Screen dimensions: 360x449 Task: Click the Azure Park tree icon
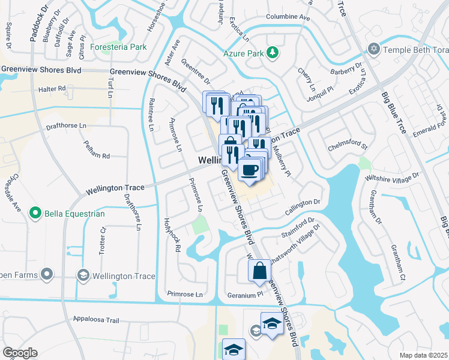coord(273,53)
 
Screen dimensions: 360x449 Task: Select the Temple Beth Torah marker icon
coord(375,49)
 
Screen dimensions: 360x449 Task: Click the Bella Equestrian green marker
coord(35,213)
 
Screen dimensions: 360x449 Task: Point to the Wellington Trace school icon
coord(83,275)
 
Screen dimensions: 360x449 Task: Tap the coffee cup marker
coord(249,169)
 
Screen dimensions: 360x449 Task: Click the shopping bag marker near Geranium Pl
coord(259,271)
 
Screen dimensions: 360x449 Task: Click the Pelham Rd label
coord(97,156)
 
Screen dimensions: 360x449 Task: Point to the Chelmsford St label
coord(347,145)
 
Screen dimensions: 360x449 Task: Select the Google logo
coord(19,353)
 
